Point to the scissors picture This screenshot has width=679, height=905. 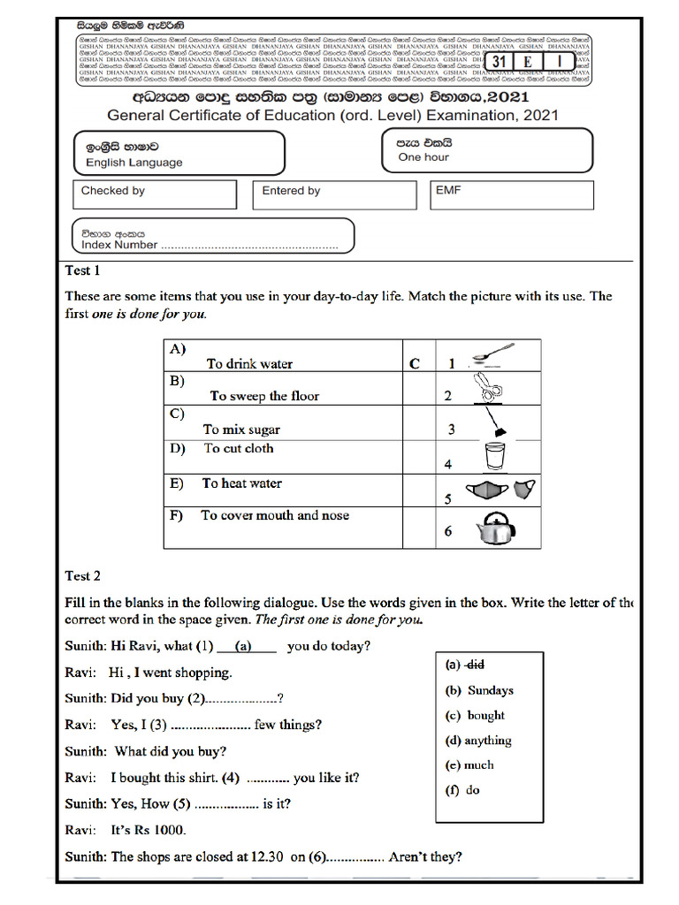[485, 387]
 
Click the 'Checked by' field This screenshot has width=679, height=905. [155, 194]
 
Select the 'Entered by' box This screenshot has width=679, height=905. [333, 194]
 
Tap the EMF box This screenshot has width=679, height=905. [511, 194]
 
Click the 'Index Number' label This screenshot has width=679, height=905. [119, 245]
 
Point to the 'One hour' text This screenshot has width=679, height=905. [423, 157]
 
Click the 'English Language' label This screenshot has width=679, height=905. [134, 163]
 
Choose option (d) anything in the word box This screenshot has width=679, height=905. [478, 741]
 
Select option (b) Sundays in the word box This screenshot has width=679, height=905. [479, 690]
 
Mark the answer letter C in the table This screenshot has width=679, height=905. [414, 363]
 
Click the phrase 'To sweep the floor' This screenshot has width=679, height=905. [264, 396]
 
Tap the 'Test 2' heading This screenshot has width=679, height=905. [83, 575]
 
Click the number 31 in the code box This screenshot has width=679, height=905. [500, 61]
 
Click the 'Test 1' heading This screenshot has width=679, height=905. [83, 270]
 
